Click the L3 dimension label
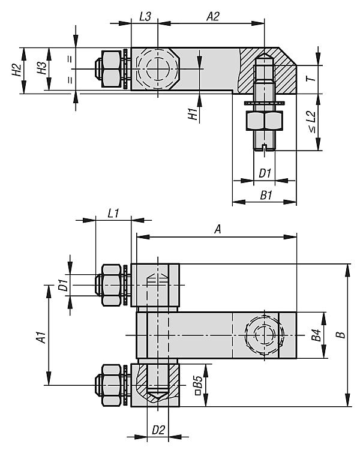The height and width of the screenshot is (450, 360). click(x=145, y=16)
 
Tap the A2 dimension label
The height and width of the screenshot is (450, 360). click(x=213, y=16)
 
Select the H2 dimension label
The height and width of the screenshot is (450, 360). click(x=17, y=70)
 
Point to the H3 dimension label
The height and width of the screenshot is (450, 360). click(x=42, y=68)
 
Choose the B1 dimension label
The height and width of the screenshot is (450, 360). click(x=266, y=196)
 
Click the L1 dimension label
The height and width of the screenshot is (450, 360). click(x=113, y=214)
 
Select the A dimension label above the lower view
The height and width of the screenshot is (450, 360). click(x=218, y=229)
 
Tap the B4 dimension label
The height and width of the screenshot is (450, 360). click(x=316, y=335)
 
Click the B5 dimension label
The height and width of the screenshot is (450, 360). click(x=198, y=385)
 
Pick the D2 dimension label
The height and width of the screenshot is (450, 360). click(x=158, y=430)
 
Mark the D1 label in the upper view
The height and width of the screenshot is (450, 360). click(x=265, y=173)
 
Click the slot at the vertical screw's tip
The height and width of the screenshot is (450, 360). click(x=265, y=148)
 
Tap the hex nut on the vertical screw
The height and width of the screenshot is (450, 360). click(x=265, y=121)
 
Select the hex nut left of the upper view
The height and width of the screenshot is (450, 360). click(x=112, y=69)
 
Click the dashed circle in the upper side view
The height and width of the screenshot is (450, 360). click(x=157, y=68)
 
